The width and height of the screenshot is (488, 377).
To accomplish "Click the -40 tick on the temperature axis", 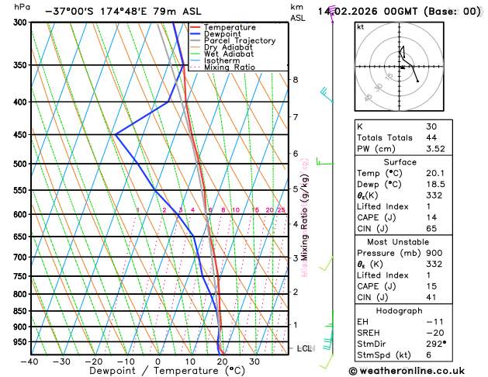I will coord(29,361).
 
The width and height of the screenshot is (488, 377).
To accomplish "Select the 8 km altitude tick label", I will coord(295,80).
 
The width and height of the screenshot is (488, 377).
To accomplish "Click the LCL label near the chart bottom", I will coord(304,349).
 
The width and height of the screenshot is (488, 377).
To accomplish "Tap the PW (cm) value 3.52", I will coord(437,149).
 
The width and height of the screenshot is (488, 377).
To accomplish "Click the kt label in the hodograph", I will coord(360,26).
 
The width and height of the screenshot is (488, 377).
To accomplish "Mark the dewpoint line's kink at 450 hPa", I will coord(115,135).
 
